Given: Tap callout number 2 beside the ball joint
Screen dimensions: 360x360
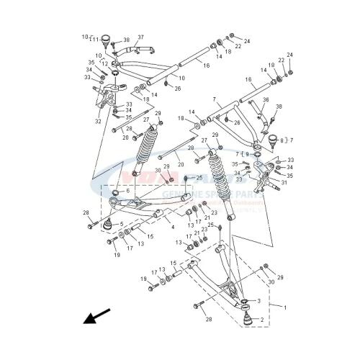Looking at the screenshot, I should point(262,319).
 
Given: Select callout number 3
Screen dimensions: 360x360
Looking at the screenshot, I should point(258,300).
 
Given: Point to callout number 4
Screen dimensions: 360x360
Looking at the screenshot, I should point(172,228).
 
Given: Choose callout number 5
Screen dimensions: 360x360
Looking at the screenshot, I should point(122,224).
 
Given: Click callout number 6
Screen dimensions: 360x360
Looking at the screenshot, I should point(128,191).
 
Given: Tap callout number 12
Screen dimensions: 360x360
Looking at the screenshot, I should point(104,64).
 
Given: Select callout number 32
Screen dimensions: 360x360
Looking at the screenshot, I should point(98,122).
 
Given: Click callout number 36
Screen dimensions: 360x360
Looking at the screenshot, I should point(266,99).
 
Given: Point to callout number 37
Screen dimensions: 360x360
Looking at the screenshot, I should point(140,37).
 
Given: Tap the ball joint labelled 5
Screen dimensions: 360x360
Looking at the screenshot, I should point(108,225).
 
